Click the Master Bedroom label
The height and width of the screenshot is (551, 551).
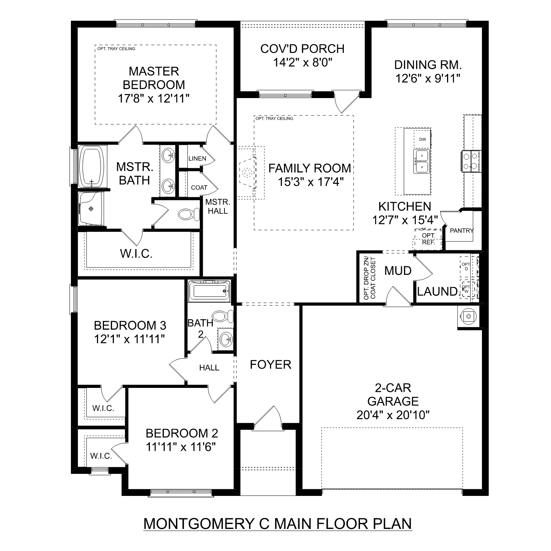click(154, 78)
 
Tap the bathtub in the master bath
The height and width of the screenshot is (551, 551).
click(92, 166)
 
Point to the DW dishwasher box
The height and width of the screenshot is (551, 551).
click(422, 140)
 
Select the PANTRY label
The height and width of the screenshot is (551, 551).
click(462, 231)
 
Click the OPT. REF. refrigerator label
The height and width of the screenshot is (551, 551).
click(428, 239)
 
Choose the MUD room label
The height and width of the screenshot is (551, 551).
click(398, 271)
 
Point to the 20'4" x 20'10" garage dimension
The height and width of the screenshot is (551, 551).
click(393, 415)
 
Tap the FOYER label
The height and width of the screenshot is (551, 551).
click(270, 364)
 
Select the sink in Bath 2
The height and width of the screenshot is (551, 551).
click(226, 338)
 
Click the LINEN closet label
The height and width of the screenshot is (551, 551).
click(197, 159)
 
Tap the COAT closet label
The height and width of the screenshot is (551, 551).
click(199, 187)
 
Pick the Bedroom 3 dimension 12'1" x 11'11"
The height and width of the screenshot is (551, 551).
click(130, 339)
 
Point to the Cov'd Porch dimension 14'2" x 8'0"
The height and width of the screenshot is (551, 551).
click(303, 63)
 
